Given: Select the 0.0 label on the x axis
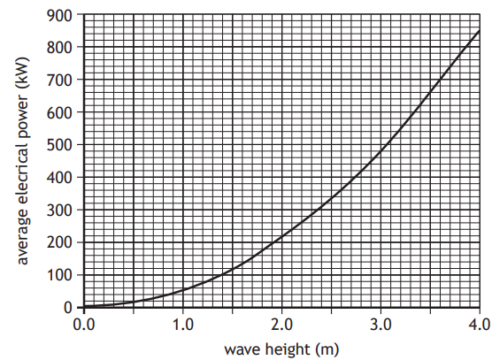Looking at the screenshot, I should [x=84, y=323].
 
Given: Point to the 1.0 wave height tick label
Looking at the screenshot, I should [x=182, y=323].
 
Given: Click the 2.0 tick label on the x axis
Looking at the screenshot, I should [x=281, y=323].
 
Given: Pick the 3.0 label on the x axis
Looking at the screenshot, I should [x=381, y=323].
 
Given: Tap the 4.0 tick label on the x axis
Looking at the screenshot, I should [x=479, y=323].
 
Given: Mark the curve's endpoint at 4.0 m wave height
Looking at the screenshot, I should [x=479, y=30].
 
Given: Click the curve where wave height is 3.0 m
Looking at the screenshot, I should [x=381, y=152].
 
